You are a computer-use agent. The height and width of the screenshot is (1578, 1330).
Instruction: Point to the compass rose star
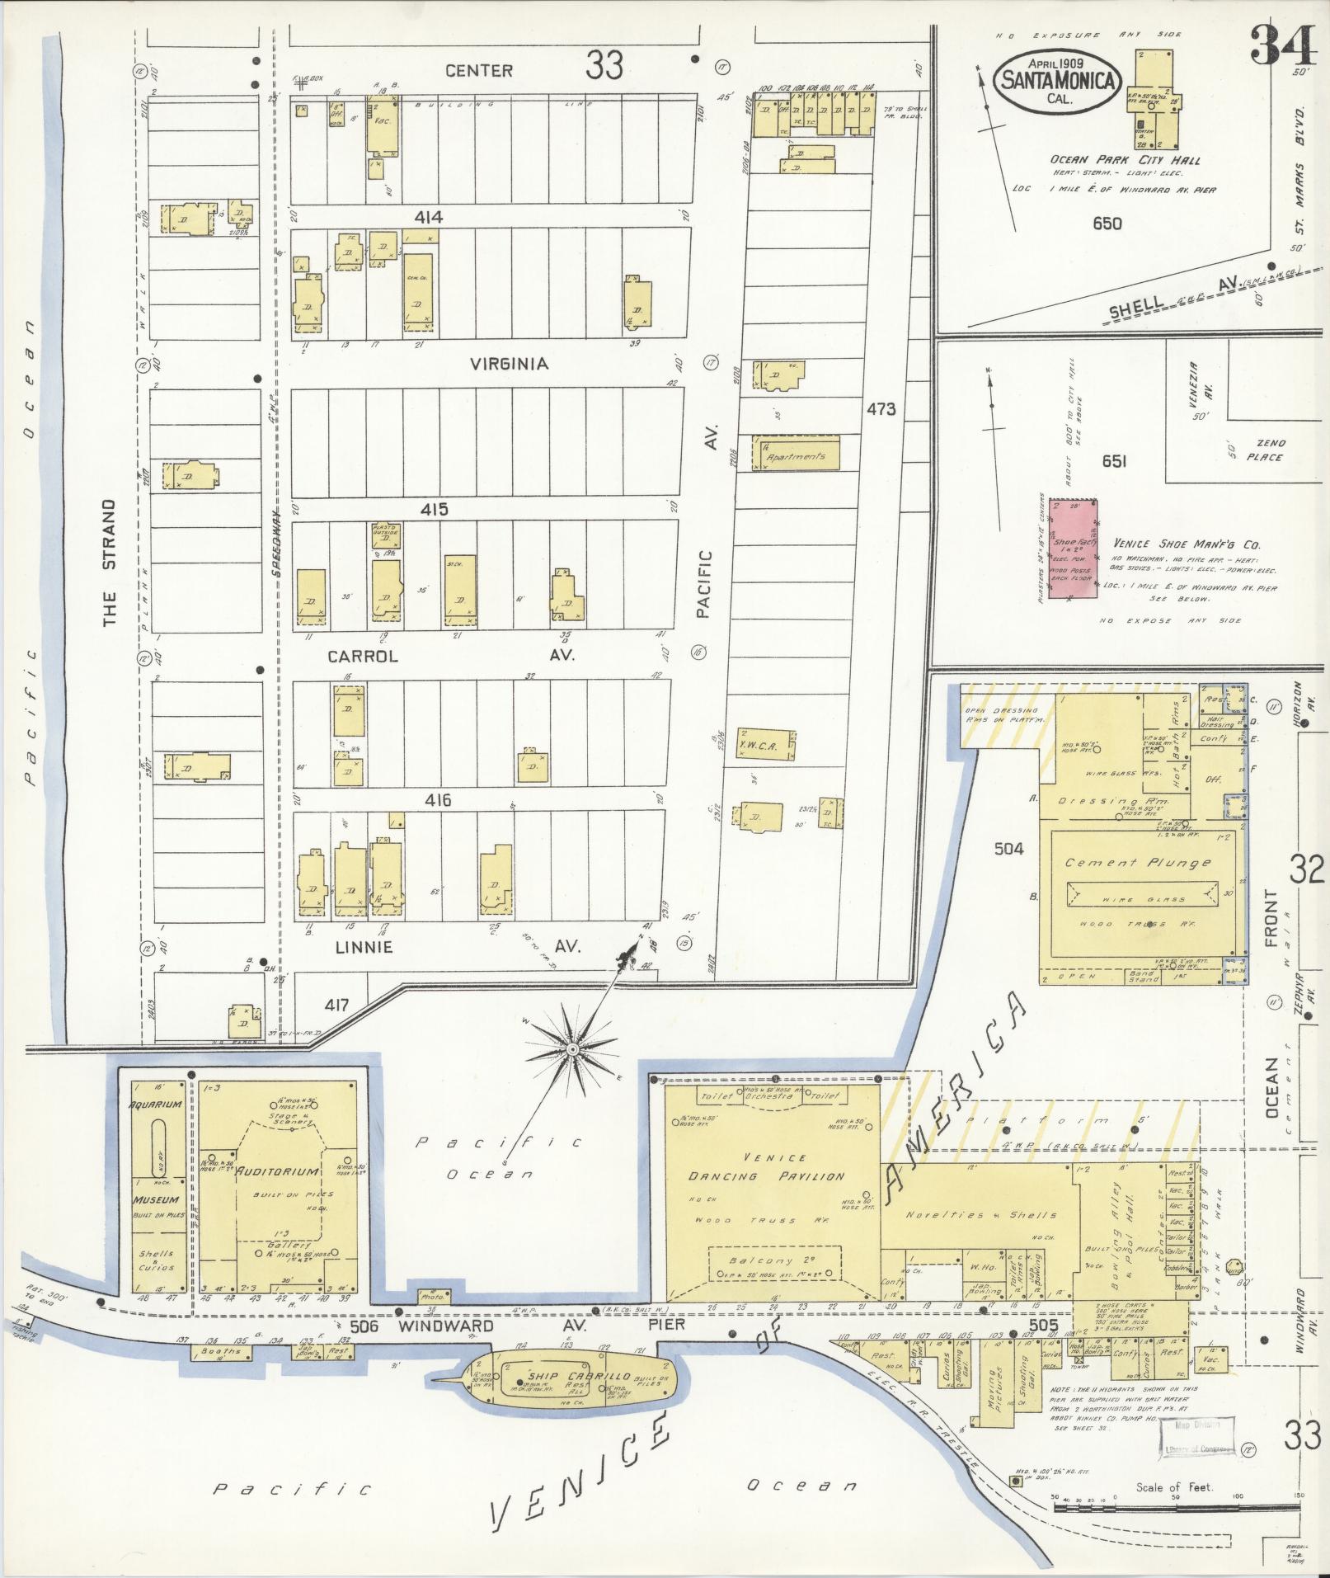tap(571, 1049)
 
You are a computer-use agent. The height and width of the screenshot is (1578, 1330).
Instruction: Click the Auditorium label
tap(284, 1171)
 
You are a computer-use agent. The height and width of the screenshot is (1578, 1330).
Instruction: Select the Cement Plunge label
tap(1138, 863)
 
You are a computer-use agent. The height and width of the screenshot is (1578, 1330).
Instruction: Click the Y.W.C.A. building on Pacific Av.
tap(766, 744)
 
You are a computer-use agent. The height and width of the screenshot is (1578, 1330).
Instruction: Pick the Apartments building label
tap(796, 456)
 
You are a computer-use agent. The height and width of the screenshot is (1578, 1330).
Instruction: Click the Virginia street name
tap(509, 363)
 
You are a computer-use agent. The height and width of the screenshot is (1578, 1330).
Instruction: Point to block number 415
tap(434, 509)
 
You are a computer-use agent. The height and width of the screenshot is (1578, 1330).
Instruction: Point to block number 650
tap(1105, 223)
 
